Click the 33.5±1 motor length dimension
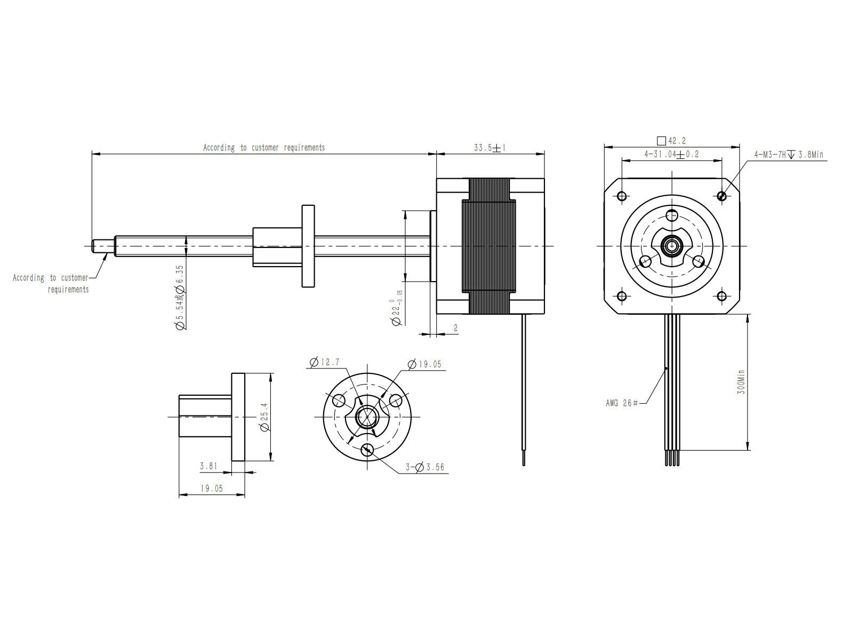click(489, 148)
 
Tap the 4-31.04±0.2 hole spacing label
click(671, 154)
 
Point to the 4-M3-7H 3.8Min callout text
click(789, 155)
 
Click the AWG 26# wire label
click(622, 403)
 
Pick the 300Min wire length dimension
click(741, 382)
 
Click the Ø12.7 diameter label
click(325, 362)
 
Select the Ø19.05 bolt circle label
click(424, 364)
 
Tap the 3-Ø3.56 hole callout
click(425, 467)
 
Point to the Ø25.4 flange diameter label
click(264, 417)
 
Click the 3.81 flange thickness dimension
click(208, 466)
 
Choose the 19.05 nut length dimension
click(212, 489)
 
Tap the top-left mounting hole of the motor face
click(622, 196)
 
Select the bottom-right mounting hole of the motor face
click(721, 296)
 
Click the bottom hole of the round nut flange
click(367, 449)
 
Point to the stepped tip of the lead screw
click(103, 246)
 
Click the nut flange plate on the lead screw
click(308, 246)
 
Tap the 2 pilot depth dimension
click(455, 328)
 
